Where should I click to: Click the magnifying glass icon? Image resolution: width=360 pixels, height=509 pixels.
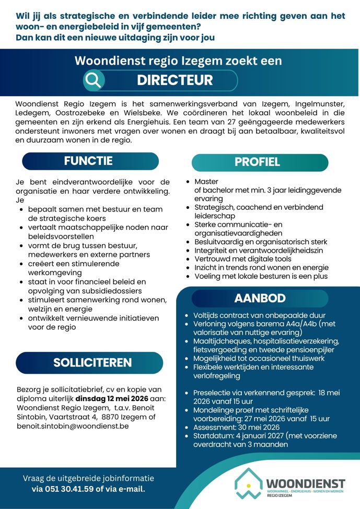tap(94, 80)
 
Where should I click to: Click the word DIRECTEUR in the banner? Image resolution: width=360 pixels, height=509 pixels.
tap(175, 80)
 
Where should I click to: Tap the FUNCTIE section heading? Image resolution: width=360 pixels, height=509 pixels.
tap(88, 161)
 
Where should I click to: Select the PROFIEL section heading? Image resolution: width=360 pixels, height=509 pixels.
tap(257, 162)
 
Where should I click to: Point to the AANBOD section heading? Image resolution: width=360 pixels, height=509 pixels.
tap(260, 298)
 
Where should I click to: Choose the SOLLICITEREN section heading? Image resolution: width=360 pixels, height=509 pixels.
tap(92, 362)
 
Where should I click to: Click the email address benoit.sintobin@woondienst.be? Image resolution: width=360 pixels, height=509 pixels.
tap(72, 426)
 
